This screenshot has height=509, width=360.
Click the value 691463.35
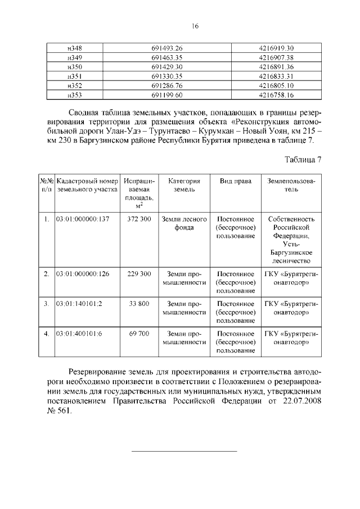tap(167, 57)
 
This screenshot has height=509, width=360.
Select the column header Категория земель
tap(181, 186)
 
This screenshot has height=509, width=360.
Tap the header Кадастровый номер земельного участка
tap(87, 186)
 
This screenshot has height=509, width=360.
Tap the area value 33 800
tap(139, 304)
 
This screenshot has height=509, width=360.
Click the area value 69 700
tap(139, 334)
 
